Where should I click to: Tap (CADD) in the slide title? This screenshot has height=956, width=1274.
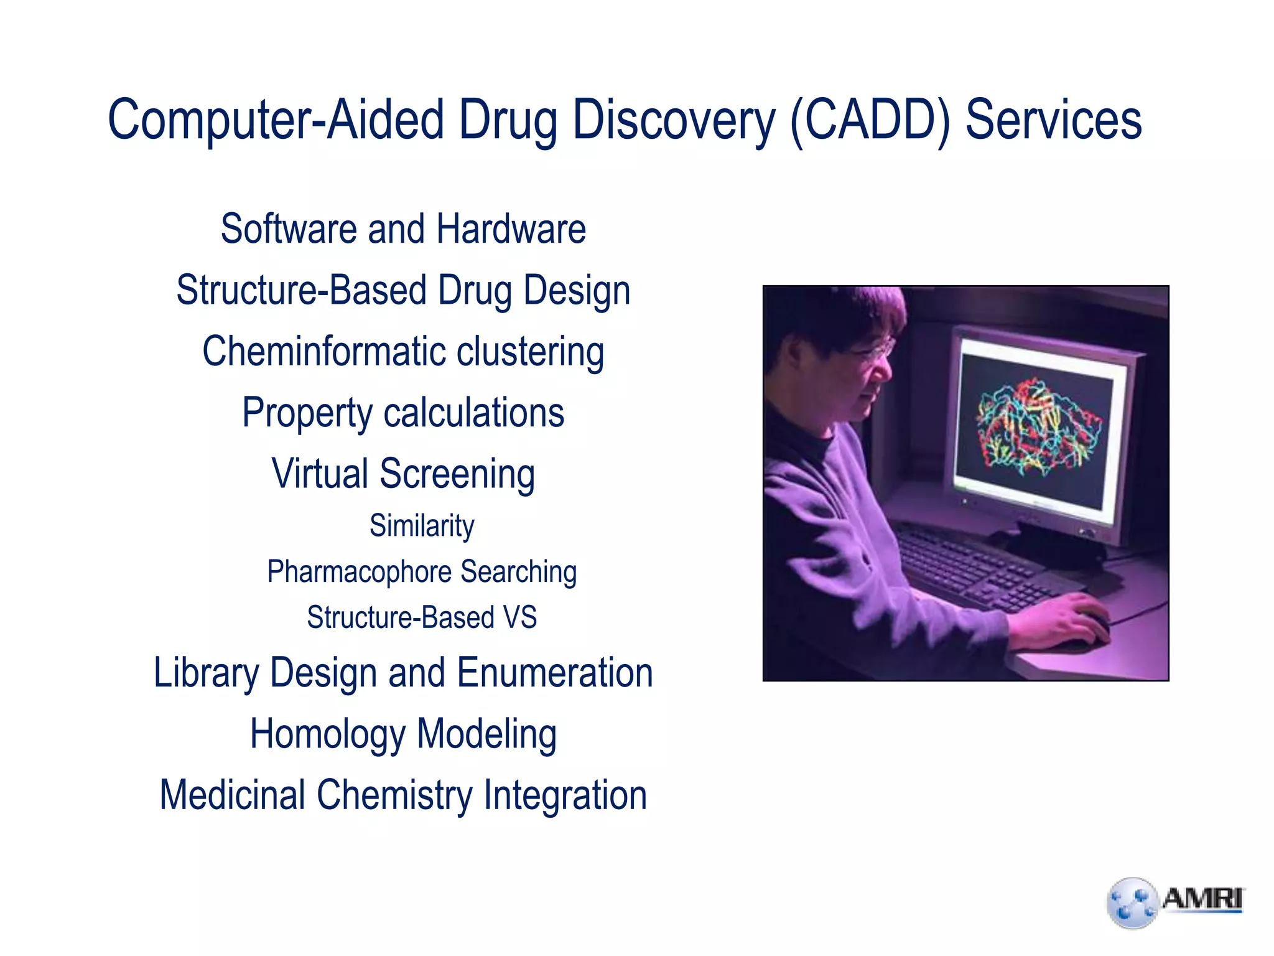coord(870,120)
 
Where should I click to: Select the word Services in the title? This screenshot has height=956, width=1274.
coord(1053,120)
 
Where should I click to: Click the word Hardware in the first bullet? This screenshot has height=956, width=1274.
coord(511,229)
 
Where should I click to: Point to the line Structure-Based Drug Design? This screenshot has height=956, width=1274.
coord(403,291)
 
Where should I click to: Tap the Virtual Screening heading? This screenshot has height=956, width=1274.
coord(403,474)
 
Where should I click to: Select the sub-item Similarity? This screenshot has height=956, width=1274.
coord(422,526)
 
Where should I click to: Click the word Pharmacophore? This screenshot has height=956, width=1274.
coord(359,572)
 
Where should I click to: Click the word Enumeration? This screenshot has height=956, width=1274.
coord(555,673)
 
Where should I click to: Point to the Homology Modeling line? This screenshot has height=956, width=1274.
coord(403,734)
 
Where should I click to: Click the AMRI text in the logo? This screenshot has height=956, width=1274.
coord(1202,899)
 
